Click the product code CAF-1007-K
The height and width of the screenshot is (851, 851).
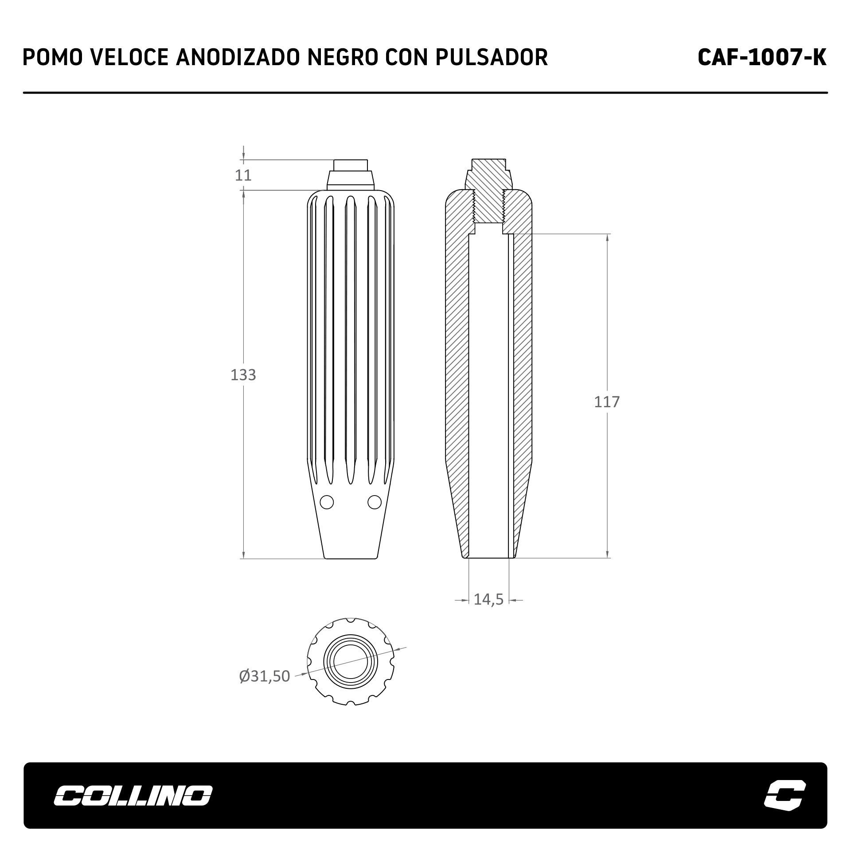[x=762, y=57]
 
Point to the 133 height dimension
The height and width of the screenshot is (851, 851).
[x=243, y=375]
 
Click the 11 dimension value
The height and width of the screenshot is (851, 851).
[x=243, y=176]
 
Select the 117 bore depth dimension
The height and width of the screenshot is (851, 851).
[x=607, y=402]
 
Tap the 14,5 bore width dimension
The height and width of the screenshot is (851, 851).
[x=489, y=599]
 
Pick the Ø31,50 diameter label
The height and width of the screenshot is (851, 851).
[x=265, y=676]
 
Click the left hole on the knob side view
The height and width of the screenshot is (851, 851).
[x=327, y=502]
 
